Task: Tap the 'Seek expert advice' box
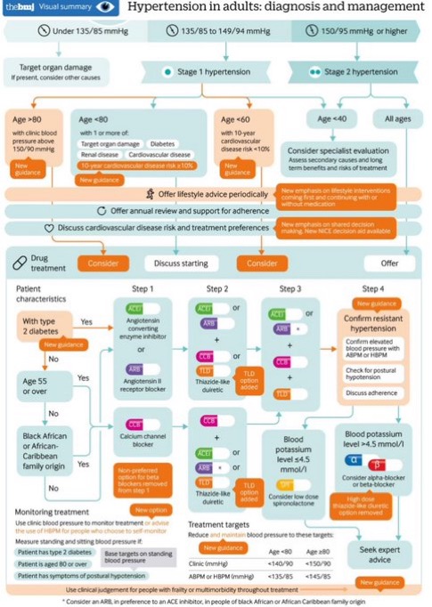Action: pyautogui.click(x=374, y=556)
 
